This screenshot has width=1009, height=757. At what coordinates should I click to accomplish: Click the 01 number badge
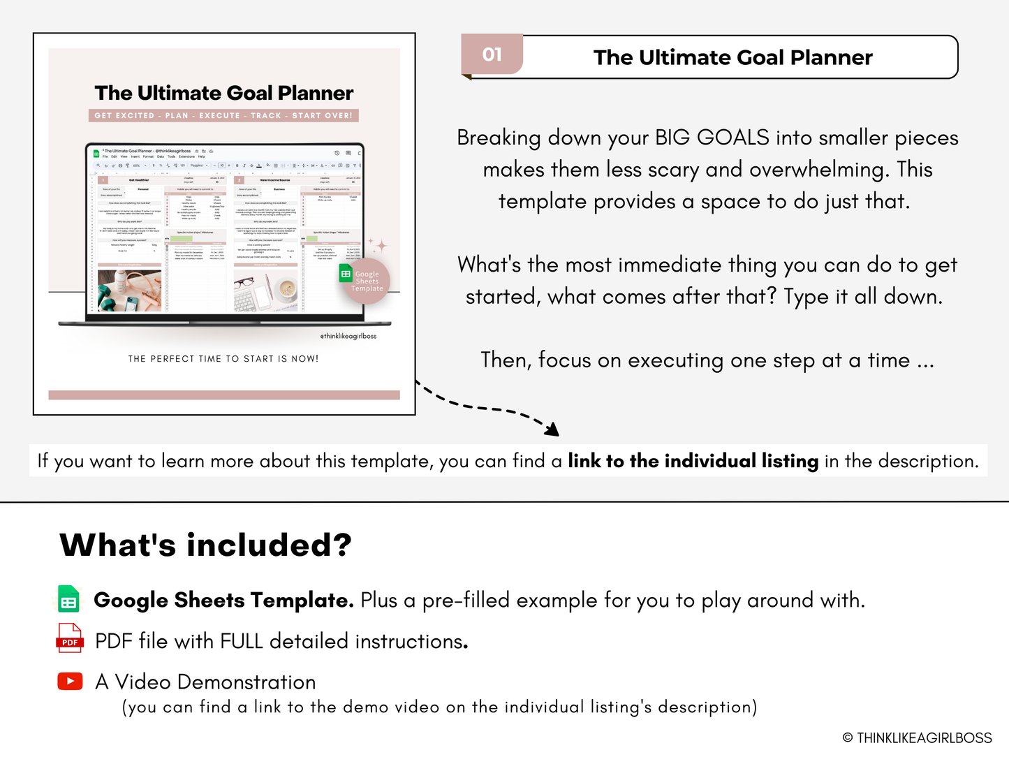[492, 54]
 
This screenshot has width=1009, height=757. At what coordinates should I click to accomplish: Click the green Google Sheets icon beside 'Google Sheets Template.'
[68, 600]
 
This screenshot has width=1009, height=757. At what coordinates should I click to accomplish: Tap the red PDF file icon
[70, 638]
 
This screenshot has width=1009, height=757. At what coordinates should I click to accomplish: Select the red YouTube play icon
[70, 681]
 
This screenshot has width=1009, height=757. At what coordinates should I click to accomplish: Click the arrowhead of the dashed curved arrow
[553, 429]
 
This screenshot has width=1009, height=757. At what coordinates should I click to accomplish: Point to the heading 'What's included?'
[205, 545]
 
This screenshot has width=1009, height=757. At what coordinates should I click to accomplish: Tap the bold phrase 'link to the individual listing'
[693, 461]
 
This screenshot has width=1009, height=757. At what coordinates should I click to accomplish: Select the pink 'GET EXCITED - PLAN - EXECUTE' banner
[223, 115]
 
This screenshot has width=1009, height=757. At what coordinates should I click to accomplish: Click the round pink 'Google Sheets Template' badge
[366, 281]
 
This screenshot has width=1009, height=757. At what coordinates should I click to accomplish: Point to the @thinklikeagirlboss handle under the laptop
[348, 336]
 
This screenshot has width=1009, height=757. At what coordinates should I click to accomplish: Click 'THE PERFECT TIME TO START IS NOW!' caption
[223, 359]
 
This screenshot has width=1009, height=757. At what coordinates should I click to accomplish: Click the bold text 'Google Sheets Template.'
[223, 600]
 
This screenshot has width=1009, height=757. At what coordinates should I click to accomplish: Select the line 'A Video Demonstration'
[205, 682]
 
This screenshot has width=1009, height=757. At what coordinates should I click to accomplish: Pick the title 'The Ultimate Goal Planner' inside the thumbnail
[223, 93]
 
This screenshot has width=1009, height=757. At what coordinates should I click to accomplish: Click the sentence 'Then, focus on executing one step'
[707, 360]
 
